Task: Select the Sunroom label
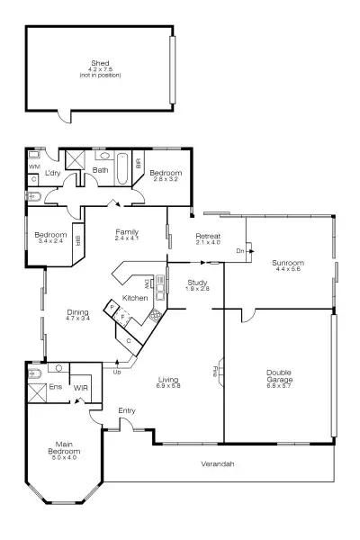point(288,263)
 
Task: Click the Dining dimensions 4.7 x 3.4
point(77,319)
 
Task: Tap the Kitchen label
point(135,297)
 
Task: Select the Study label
point(198,282)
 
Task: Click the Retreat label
point(208,236)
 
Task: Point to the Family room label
point(126,231)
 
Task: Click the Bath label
point(101,169)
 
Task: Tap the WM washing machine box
point(35,166)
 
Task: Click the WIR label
point(80,388)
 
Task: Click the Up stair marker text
point(117,371)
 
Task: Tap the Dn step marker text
point(239,251)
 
